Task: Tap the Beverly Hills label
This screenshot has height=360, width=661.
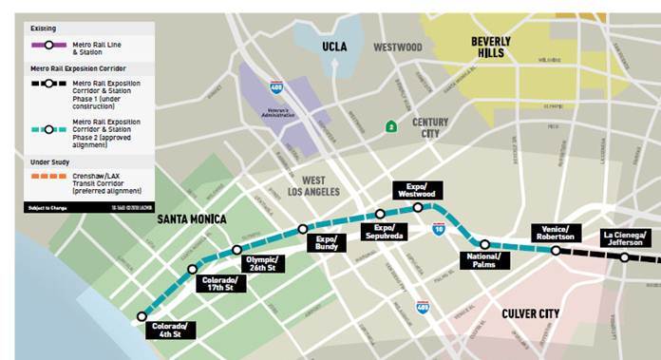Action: tap(491, 47)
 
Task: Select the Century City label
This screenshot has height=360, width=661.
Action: tap(430, 128)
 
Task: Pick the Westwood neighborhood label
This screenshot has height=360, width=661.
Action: tap(397, 47)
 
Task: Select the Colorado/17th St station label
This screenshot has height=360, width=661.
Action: tap(221, 281)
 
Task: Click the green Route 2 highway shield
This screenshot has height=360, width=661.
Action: tap(390, 126)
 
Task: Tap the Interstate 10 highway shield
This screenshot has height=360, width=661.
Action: tap(438, 229)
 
